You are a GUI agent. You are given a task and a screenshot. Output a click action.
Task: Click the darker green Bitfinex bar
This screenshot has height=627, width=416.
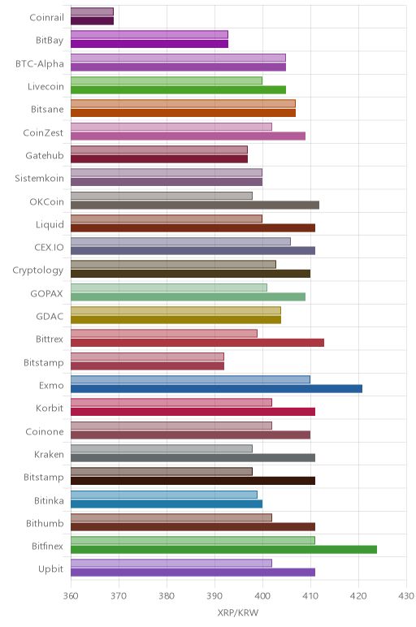point(223,549)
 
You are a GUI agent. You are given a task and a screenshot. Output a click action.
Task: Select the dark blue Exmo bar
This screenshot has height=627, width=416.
point(216,389)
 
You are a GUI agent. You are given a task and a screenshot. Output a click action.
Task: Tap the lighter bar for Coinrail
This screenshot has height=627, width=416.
point(92,11)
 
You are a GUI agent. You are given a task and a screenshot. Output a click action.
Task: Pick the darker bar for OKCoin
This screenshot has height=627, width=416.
point(195,205)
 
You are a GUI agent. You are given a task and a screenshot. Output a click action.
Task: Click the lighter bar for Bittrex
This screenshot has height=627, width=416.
point(164,334)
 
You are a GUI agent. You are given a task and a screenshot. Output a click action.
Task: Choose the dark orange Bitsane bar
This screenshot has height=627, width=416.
point(183,113)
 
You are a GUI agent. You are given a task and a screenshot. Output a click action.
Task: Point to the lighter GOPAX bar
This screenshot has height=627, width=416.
point(169,288)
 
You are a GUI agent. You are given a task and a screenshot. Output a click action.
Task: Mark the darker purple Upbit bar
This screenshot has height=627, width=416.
point(193,573)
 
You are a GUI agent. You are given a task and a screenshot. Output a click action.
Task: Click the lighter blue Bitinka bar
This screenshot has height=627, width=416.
point(164,495)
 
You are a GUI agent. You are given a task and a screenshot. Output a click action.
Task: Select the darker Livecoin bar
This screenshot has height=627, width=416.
point(179,90)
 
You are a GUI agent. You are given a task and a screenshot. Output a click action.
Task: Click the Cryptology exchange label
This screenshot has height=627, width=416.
point(38,270)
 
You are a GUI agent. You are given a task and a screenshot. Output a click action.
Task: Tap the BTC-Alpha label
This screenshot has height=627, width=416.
point(40,64)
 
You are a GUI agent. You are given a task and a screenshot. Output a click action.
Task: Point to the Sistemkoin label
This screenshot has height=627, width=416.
point(39,179)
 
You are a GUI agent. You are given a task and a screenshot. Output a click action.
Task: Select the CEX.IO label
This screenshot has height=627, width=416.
point(50,248)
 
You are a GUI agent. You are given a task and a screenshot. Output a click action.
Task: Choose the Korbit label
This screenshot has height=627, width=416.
point(50,409)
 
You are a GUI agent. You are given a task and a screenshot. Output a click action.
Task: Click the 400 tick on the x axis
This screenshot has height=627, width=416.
point(262,596)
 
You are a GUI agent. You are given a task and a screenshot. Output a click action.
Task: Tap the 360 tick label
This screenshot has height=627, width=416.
point(71,596)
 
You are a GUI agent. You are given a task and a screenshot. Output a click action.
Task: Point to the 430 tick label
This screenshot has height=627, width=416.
point(406,596)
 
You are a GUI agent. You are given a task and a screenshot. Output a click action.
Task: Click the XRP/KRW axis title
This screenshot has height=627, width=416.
point(238,612)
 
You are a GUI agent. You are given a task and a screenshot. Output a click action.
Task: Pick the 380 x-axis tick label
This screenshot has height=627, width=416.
point(167,596)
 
